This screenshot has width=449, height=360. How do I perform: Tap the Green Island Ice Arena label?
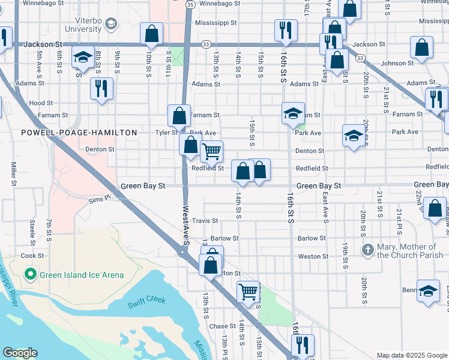(82, 275)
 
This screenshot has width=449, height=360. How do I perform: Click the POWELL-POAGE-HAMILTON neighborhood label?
(79, 132)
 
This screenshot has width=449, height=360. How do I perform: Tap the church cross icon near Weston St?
(367, 248)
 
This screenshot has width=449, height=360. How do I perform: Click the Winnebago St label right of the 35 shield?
(220, 4)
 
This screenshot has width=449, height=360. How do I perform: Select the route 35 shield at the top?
(190, 4)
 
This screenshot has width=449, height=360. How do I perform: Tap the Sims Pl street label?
(100, 199)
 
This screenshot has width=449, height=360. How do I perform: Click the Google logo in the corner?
(20, 353)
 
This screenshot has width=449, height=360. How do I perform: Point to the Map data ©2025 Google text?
(412, 355)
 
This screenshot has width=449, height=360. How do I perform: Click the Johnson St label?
(397, 63)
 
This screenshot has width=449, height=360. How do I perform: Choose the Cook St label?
(32, 256)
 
